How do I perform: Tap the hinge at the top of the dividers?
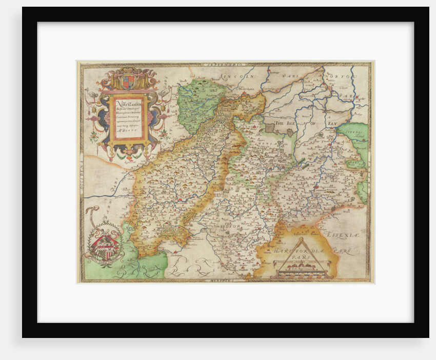pyautogui.click(x=302, y=239)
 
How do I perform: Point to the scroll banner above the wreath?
pyautogui.click(x=92, y=215)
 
